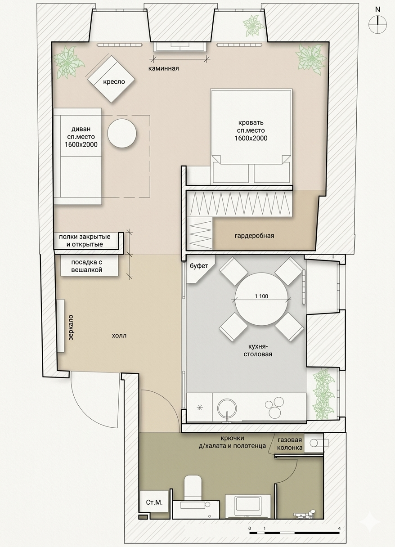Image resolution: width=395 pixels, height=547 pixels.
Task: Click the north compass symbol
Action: coord(377,24)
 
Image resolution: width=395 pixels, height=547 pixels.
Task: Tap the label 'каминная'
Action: coord(163,68)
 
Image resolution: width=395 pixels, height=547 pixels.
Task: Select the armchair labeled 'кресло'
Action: coord(112,79)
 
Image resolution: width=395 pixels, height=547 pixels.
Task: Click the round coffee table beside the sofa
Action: coord(122,133)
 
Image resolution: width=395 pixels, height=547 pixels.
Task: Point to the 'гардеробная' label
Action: coord(254,236)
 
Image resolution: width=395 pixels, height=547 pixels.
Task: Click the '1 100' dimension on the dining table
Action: coord(261,296)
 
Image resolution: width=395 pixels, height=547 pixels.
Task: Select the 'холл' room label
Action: coord(119,336)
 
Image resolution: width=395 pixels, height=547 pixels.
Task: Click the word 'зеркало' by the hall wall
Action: coord(71,327)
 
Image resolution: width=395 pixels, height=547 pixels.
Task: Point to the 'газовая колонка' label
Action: coord(289,444)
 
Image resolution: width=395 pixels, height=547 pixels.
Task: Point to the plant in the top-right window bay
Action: coord(254,25)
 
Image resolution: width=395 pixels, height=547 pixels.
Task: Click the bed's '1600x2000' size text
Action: coord(251,138)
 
